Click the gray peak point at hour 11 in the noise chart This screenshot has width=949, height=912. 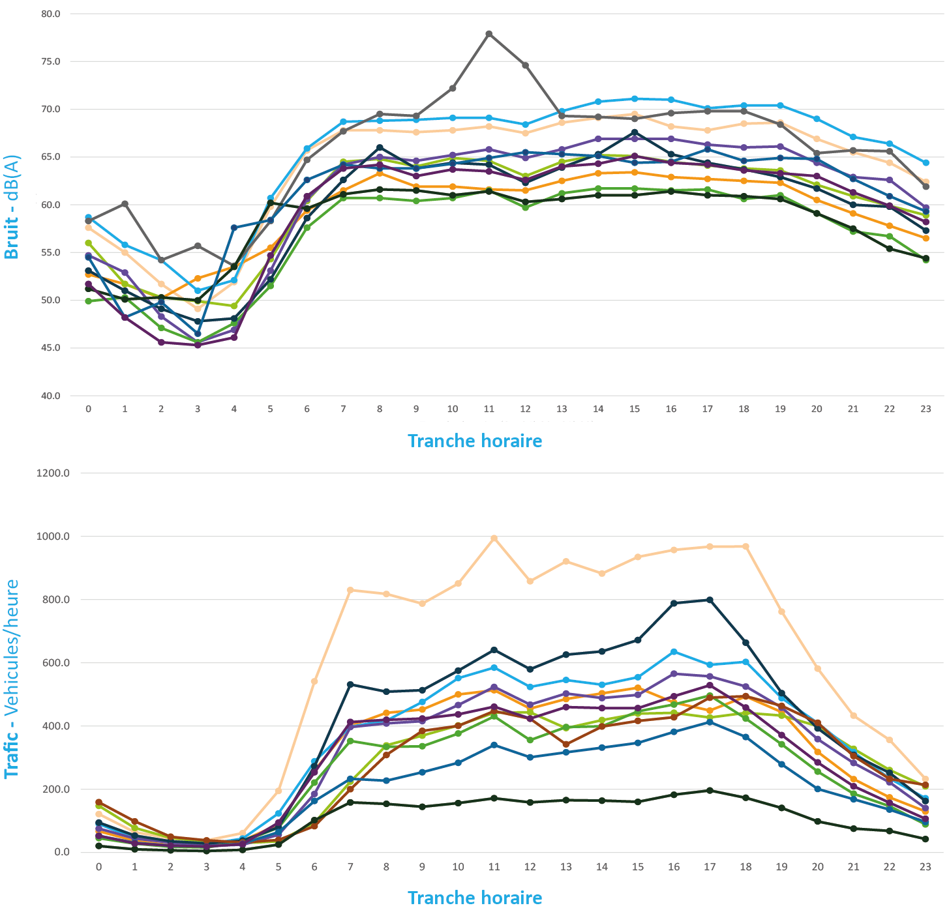[x=489, y=34]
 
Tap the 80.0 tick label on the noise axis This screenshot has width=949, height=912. [x=50, y=14]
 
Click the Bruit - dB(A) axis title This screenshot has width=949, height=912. [x=12, y=207]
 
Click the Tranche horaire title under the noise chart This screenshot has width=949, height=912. [x=475, y=441]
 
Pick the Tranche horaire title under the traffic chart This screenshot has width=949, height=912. [x=475, y=898]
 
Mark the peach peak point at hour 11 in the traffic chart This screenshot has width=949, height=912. [x=494, y=538]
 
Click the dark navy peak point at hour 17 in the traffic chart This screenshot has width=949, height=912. [x=710, y=600]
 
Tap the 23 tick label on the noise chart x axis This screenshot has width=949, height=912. [x=926, y=409]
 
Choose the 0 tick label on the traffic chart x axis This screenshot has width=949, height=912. [x=98, y=867]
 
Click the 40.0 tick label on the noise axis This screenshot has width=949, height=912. [x=50, y=396]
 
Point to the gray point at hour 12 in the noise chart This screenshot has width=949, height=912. [x=526, y=65]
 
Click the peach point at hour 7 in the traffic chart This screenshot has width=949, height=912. [x=350, y=590]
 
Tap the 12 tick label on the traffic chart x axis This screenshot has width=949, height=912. [x=530, y=867]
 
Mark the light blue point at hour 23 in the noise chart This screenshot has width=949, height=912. [x=926, y=162]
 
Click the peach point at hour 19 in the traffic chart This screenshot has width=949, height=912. [x=781, y=611]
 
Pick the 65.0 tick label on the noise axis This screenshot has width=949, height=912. [x=50, y=157]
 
